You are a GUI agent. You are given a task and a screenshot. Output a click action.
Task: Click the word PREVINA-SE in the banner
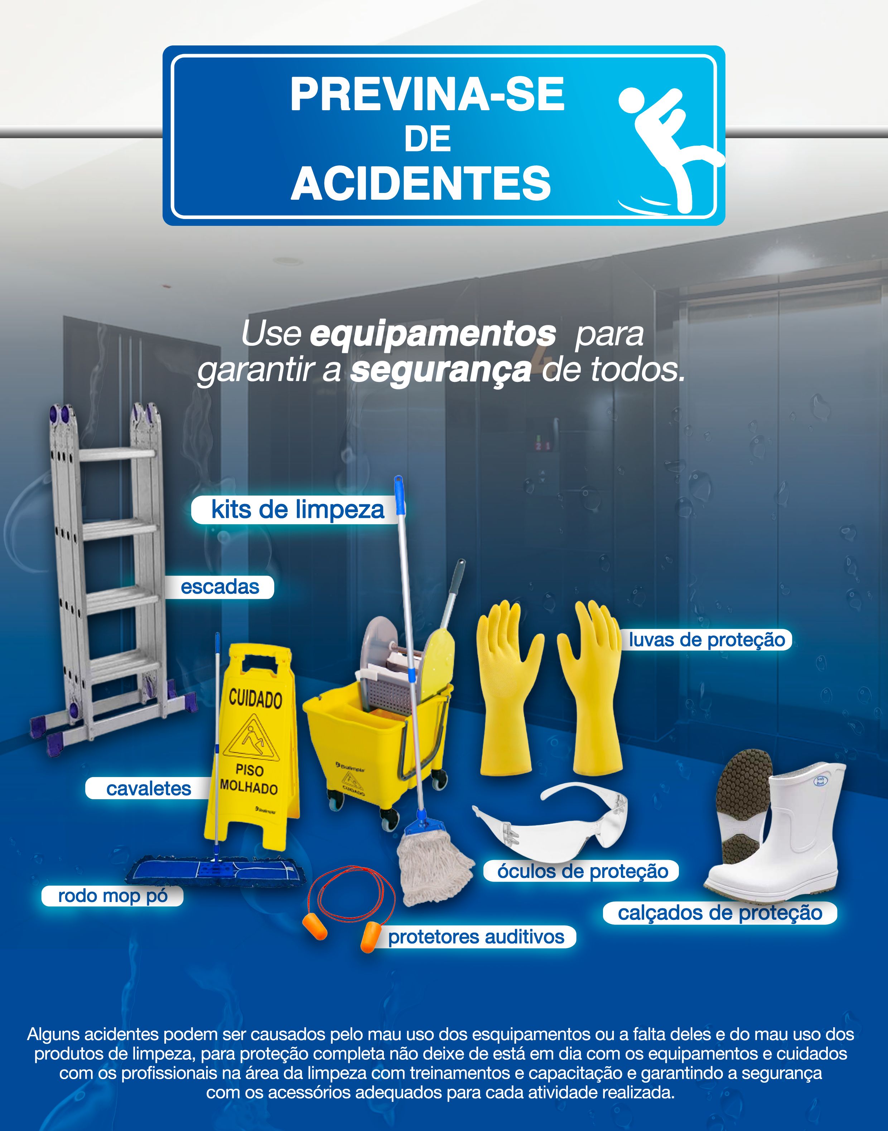[x=428, y=94]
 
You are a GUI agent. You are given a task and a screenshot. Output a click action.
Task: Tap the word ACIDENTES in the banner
[x=421, y=184]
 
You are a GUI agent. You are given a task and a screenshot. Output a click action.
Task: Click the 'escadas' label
[x=219, y=587]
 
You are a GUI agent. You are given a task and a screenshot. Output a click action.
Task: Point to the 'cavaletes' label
[x=149, y=788]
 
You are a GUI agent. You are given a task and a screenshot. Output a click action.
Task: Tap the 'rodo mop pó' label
[x=112, y=895]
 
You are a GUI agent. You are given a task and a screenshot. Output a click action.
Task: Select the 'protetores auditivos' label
[x=476, y=937]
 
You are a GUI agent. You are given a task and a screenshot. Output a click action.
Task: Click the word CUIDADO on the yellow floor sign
[x=255, y=699]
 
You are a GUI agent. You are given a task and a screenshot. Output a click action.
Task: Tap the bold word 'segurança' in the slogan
[x=441, y=370]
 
